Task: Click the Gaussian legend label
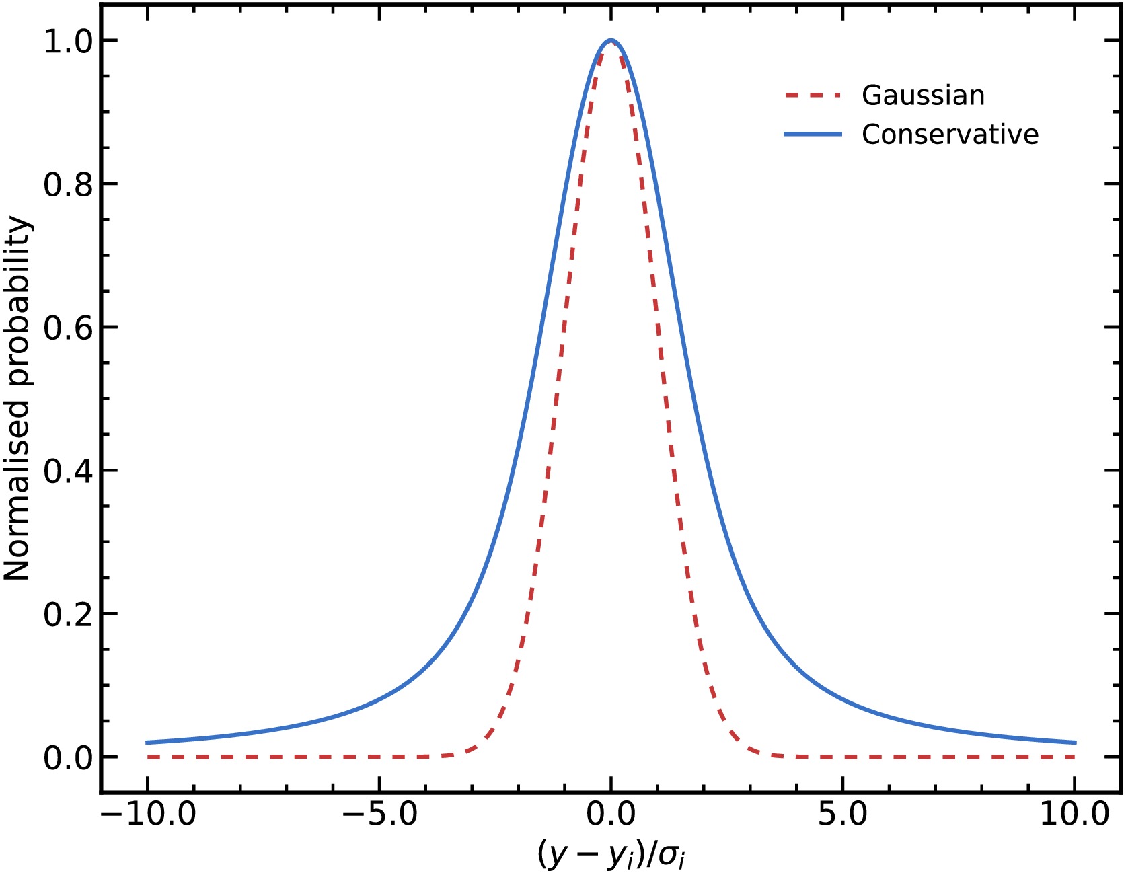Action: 923,96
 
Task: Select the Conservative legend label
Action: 950,135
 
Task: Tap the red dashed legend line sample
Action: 813,96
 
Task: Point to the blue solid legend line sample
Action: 813,135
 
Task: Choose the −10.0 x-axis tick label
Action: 148,814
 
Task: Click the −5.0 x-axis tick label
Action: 380,814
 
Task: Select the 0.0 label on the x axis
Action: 611,814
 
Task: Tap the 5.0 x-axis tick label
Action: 842,814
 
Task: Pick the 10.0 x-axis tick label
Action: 1074,814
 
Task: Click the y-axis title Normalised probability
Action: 17,398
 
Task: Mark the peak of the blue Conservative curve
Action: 611,40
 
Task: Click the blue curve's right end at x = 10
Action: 1075,743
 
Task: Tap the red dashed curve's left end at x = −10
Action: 148,757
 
